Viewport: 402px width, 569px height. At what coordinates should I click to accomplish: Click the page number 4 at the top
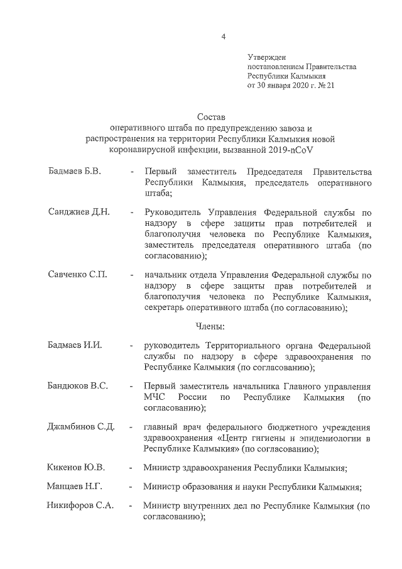(x=224, y=36)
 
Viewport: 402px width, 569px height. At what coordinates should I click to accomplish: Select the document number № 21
(x=327, y=85)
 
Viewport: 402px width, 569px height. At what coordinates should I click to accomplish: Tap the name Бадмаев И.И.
(x=75, y=345)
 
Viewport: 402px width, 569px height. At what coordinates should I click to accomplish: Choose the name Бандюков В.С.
(x=77, y=386)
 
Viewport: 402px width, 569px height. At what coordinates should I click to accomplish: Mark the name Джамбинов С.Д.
(x=81, y=426)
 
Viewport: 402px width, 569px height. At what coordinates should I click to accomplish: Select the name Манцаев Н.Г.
(x=75, y=487)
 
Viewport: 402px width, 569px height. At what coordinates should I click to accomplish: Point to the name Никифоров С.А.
(x=80, y=505)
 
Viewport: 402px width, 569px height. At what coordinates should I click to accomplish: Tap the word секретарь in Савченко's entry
(x=164, y=308)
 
